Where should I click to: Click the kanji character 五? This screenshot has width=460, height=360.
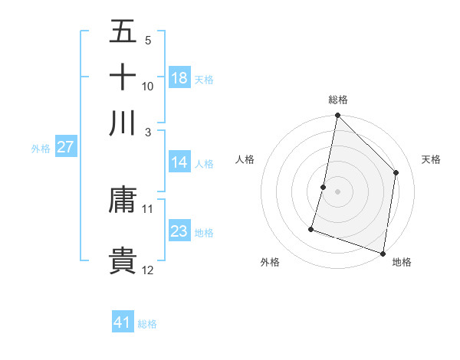[x=123, y=31]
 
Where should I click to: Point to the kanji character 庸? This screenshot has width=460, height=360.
[x=123, y=201]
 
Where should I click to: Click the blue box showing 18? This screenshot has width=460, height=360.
[x=179, y=78]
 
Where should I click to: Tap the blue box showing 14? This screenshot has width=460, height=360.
[x=179, y=162]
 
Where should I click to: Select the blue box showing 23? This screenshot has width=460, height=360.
[x=179, y=231]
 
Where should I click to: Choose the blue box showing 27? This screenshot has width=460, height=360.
[x=66, y=147]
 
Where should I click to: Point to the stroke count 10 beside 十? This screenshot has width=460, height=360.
[x=148, y=86]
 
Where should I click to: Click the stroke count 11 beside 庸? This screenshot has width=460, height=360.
[x=148, y=208]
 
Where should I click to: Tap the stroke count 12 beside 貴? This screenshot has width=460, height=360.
[x=148, y=270]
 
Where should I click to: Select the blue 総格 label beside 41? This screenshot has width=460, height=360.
[x=147, y=324]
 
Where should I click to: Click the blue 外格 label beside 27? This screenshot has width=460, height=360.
[x=41, y=149]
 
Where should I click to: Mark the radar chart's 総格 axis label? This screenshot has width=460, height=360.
[x=337, y=100]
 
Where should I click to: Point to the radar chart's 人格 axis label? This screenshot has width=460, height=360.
[x=245, y=159]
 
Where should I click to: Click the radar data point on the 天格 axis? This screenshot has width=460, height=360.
[x=396, y=172]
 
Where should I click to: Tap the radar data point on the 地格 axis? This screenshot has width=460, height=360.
[x=383, y=253]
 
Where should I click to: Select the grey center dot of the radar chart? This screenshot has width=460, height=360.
[x=337, y=191]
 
